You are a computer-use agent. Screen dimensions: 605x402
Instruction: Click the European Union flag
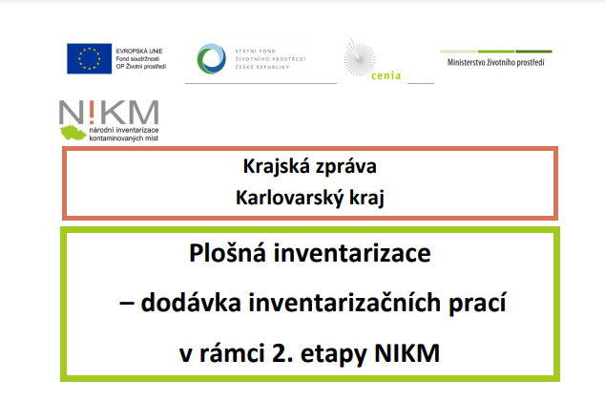point(89,58)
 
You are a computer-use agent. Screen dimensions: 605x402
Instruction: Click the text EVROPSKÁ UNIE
point(139,51)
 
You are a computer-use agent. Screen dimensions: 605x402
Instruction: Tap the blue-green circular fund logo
point(212,58)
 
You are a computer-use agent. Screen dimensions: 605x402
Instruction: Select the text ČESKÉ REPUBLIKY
point(262,67)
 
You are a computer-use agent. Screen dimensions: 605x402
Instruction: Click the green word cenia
point(386,75)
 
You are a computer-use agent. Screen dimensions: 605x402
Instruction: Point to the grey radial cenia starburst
point(359,57)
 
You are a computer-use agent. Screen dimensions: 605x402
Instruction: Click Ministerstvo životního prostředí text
point(496,62)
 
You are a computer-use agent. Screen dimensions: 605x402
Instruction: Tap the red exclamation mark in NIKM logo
point(91,112)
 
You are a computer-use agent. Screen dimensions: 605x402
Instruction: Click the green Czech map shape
point(73,133)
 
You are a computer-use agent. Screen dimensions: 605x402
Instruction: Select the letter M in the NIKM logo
point(143,112)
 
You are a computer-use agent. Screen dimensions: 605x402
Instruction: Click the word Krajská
point(277,167)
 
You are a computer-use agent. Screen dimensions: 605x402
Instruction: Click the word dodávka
point(191,303)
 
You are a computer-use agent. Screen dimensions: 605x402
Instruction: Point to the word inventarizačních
point(344,303)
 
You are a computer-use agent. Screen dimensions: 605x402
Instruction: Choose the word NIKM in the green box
point(407,353)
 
